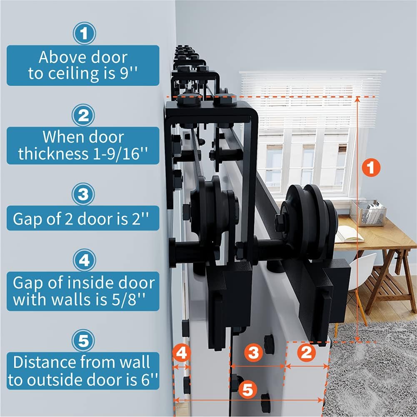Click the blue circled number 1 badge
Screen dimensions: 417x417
(x=84, y=33)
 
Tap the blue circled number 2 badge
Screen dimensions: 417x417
(x=83, y=115)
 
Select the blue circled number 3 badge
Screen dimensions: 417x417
(x=83, y=194)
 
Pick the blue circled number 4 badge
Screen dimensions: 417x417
(x=84, y=260)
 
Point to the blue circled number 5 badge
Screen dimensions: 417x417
(x=83, y=341)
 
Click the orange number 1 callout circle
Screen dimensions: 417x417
(x=371, y=167)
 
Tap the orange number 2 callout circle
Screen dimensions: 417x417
(x=307, y=352)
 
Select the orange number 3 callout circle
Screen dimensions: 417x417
(x=253, y=353)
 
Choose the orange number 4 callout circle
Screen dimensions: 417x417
(x=182, y=353)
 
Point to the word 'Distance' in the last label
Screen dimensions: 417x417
(x=45, y=362)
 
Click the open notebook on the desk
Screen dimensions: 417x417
(x=349, y=234)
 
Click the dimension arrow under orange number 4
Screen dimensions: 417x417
(x=182, y=367)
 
